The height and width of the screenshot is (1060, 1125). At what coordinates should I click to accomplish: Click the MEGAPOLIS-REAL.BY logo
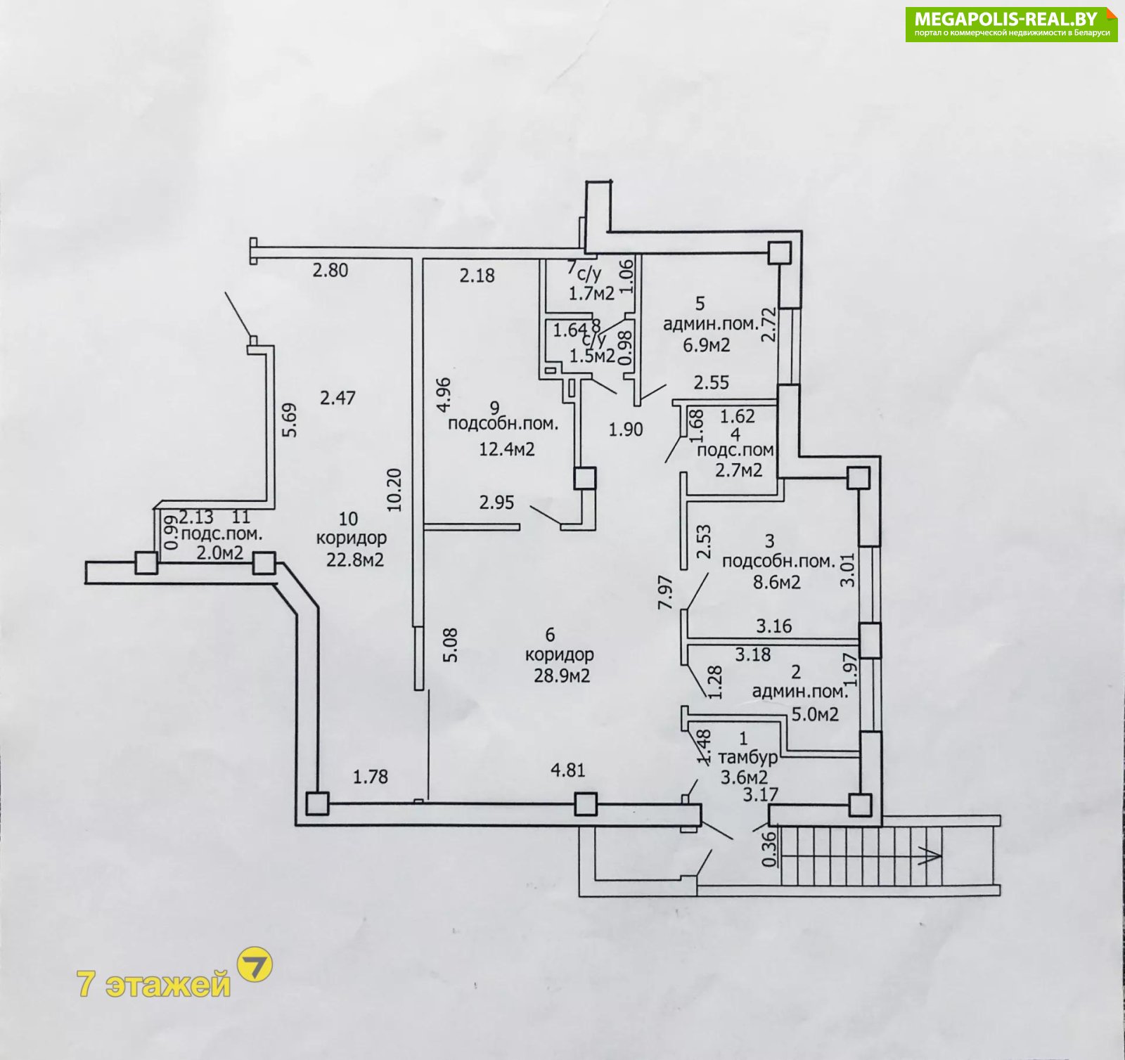click(x=1011, y=25)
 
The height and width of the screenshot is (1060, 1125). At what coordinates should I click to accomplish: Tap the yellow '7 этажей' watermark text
click(x=154, y=983)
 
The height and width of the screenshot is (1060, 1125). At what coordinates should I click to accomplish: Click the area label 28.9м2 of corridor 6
click(x=562, y=676)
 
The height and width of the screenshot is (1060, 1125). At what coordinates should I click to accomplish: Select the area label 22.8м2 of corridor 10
click(x=355, y=560)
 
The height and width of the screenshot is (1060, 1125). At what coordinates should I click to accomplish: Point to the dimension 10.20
click(x=394, y=490)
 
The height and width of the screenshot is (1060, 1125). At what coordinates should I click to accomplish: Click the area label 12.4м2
click(x=507, y=448)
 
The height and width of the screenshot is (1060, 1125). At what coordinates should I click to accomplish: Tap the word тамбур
click(x=748, y=758)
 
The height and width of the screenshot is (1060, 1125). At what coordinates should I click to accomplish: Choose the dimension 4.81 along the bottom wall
click(x=568, y=770)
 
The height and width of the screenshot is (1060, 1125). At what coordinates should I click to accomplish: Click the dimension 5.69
click(x=290, y=420)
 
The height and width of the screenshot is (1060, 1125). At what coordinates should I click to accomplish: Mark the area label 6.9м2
click(x=707, y=345)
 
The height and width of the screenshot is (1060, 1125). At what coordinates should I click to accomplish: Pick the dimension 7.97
click(x=666, y=593)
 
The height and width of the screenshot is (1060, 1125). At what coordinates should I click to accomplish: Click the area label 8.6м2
click(x=777, y=582)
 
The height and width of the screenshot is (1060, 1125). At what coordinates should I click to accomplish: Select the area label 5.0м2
click(x=816, y=715)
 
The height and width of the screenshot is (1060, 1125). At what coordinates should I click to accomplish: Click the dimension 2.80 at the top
click(x=330, y=270)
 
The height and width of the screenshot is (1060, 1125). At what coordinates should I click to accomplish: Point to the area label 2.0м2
click(x=220, y=552)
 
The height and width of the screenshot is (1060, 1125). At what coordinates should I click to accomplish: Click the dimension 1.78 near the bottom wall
click(x=371, y=777)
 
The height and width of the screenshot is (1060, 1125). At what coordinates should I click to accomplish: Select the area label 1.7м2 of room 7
click(x=592, y=293)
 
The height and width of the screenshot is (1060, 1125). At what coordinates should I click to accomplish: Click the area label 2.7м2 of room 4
click(x=739, y=470)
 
